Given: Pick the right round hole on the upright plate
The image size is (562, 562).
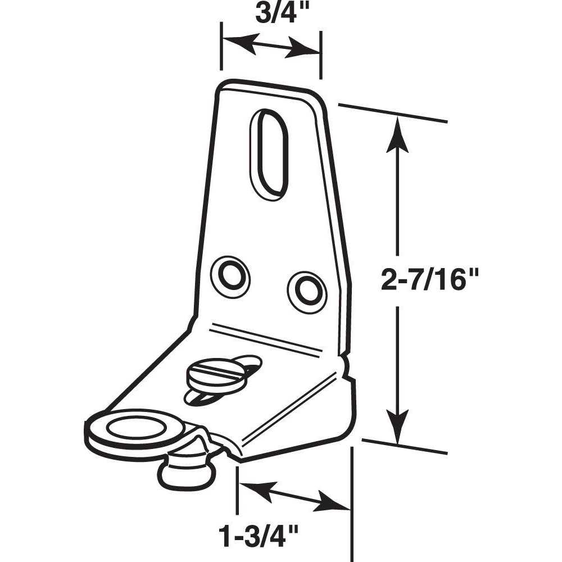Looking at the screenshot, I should [x=306, y=289].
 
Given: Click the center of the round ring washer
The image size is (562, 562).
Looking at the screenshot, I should [x=133, y=430].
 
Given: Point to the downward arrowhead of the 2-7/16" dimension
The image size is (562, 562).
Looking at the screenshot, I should [x=398, y=433].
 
